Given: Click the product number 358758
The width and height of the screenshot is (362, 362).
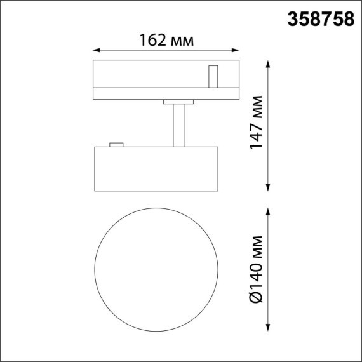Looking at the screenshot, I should click(322, 20).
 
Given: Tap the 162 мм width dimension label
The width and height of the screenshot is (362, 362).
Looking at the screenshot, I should click(166, 41).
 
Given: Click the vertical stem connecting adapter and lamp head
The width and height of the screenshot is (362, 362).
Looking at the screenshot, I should click(178, 124).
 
